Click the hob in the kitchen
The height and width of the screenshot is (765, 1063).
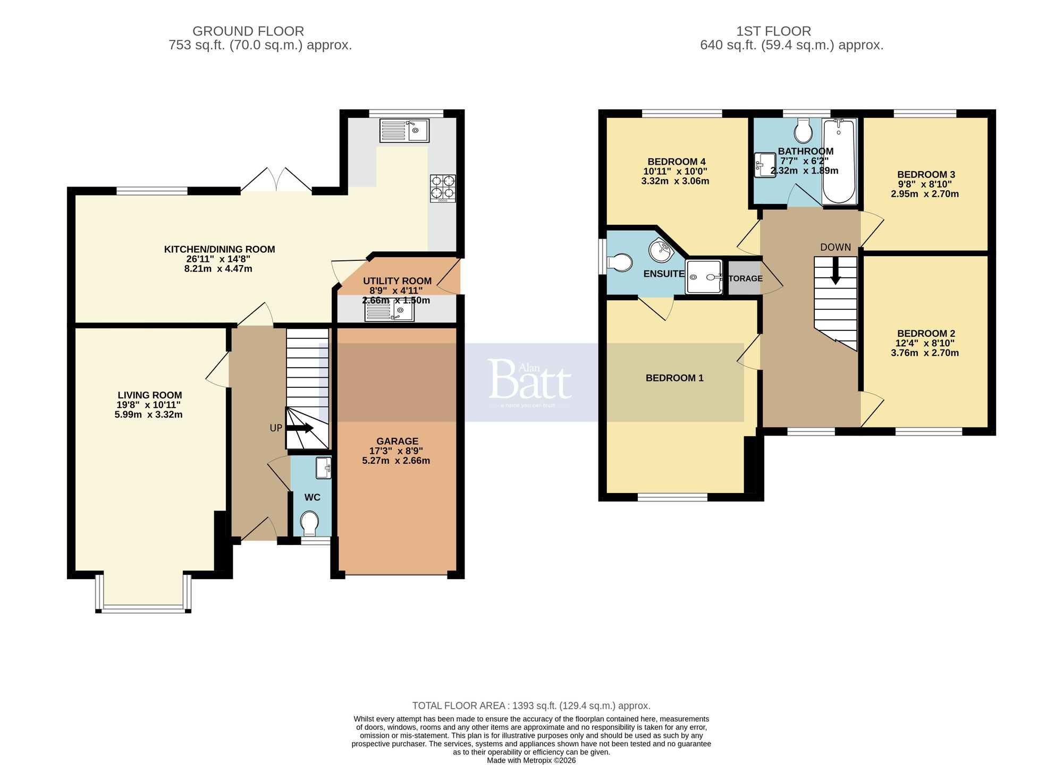point(443,189)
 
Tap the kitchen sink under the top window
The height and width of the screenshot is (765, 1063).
point(404,130)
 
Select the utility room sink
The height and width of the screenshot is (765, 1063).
point(389,311)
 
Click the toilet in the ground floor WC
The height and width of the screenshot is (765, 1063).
point(309,523)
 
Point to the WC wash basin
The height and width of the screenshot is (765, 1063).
point(323,467)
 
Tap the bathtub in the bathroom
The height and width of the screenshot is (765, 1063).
point(839,161)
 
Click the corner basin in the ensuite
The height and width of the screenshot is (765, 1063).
point(661,250)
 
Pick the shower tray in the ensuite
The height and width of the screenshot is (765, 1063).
point(704,277)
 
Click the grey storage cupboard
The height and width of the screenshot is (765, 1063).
point(744,278)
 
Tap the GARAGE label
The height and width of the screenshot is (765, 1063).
point(397,441)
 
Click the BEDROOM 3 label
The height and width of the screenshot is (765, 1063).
point(926,174)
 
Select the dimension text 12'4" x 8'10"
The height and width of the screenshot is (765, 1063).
point(925,343)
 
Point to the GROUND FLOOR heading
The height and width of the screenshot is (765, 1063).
point(248,31)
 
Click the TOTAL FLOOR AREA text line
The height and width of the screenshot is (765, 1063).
point(531,705)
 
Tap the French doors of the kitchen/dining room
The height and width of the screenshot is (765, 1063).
point(276,181)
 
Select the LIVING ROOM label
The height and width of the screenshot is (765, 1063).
point(150,395)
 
